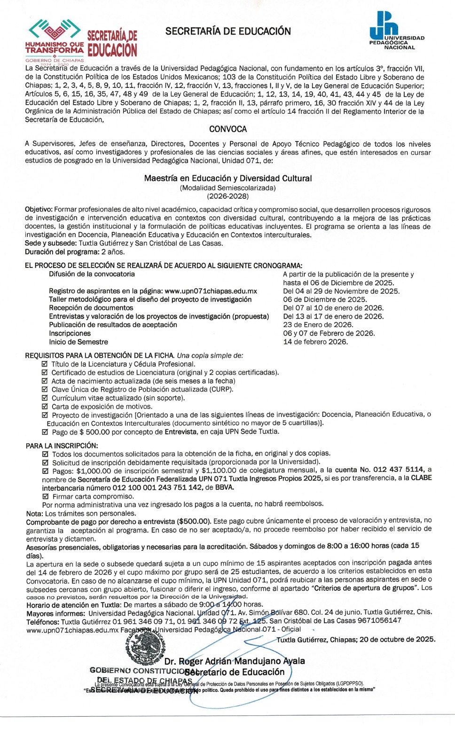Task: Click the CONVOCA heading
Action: click(227, 129)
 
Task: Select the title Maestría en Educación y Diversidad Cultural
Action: click(227, 178)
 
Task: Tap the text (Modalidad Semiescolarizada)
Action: click(227, 188)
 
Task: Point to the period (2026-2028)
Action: click(227, 196)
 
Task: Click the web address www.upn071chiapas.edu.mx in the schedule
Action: click(211, 291)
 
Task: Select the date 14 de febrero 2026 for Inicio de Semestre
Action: click(315, 342)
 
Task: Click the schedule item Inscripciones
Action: click(70, 333)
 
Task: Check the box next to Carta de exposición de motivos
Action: click(45, 407)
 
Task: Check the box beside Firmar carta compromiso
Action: click(46, 496)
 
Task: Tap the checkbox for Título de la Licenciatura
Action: click(45, 364)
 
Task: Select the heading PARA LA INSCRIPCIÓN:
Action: click(62, 446)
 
